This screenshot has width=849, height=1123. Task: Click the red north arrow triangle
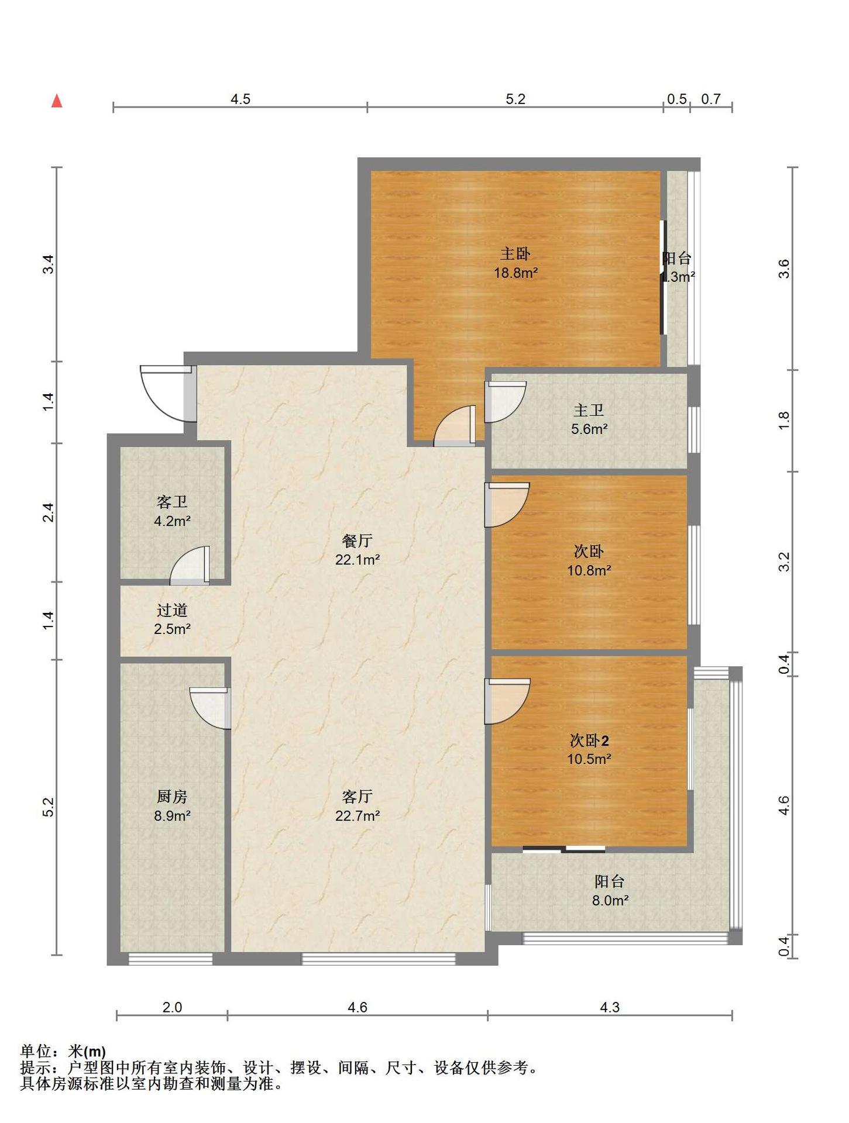(x=57, y=101)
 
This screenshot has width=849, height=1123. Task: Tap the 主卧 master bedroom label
(x=515, y=254)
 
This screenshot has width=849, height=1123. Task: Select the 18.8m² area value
(x=515, y=273)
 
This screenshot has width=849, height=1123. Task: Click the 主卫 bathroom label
(x=589, y=411)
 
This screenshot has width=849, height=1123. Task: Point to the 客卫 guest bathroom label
(x=172, y=502)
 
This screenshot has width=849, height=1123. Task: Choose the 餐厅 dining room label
(x=358, y=541)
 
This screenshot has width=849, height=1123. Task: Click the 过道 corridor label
(x=172, y=611)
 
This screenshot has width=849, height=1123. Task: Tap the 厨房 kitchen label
(x=172, y=797)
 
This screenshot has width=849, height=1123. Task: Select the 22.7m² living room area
(x=358, y=815)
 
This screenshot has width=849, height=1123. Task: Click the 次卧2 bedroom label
(x=589, y=741)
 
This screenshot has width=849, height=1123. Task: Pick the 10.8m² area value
(x=589, y=570)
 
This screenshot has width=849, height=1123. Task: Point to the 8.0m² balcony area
(x=610, y=901)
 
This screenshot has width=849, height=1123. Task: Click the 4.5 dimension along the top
(x=240, y=99)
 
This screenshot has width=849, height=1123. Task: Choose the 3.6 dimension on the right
(x=784, y=269)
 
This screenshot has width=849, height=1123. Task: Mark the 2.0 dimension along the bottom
(x=172, y=1007)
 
